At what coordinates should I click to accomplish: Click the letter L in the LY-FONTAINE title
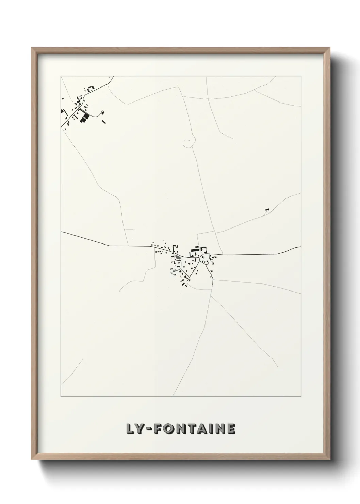(130, 429)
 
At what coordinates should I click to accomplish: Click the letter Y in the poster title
(140, 429)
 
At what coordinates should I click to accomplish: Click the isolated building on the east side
(267, 209)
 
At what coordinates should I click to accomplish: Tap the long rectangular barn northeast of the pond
(195, 250)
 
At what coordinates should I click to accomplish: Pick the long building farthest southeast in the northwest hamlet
(104, 121)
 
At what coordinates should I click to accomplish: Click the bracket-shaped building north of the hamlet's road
(91, 88)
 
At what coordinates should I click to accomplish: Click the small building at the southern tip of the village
(186, 285)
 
